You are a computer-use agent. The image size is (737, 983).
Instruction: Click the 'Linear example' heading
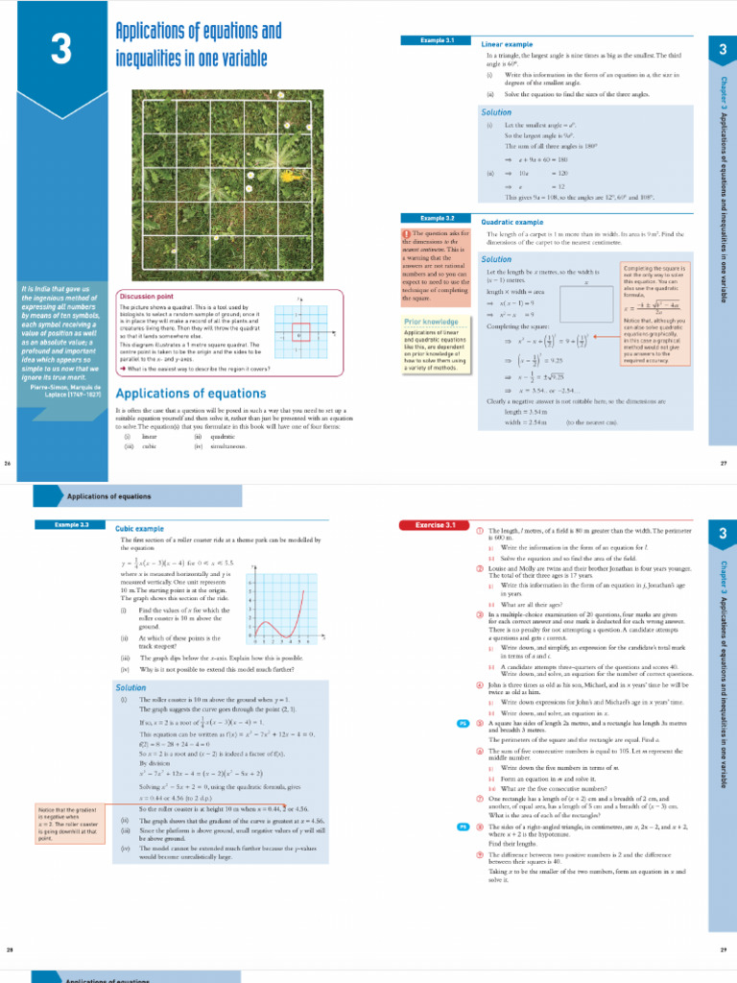point(507,44)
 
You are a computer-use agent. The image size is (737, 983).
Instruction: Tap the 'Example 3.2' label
point(437,218)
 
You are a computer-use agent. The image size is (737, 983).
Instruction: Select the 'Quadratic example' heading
point(512,222)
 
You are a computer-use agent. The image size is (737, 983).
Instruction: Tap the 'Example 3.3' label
point(72,525)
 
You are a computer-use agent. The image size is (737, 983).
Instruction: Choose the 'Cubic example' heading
point(139,528)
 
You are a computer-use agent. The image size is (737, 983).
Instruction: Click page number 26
point(9,464)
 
